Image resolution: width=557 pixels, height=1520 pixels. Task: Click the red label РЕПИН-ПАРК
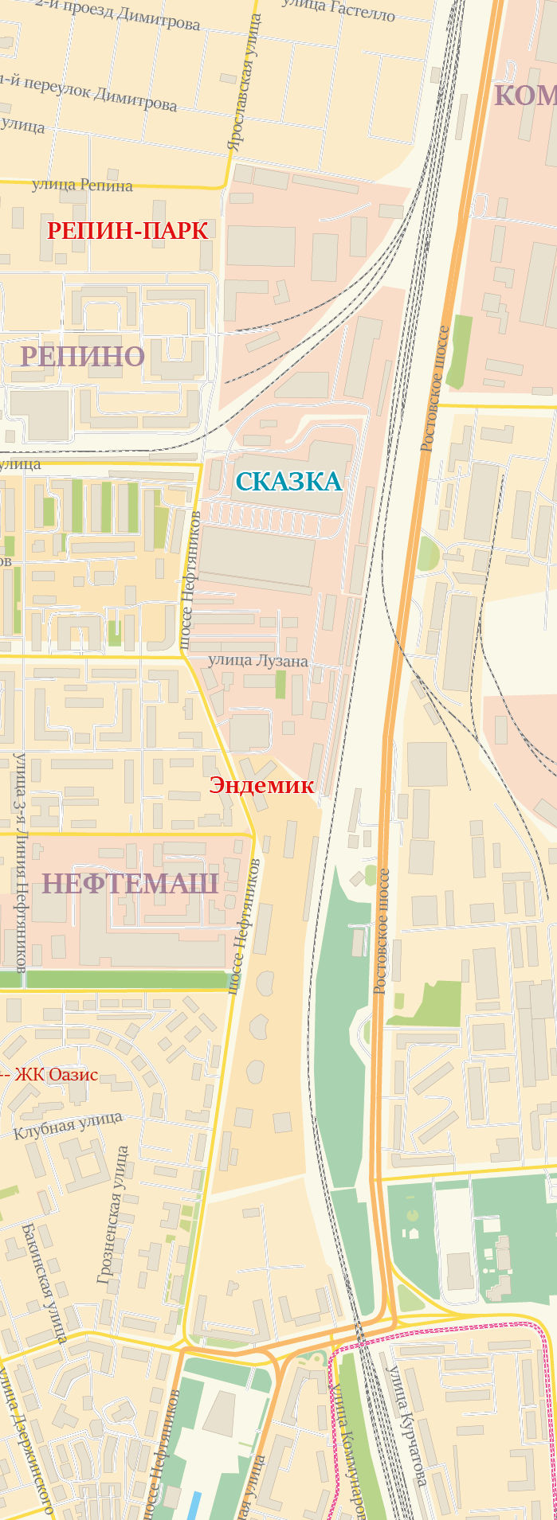(x=127, y=231)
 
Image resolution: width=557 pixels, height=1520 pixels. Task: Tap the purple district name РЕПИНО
(x=82, y=356)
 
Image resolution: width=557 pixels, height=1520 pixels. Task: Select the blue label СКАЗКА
(x=288, y=482)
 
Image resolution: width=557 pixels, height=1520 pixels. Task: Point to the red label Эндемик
(x=261, y=785)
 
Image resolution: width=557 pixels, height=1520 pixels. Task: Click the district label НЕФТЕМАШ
(x=130, y=884)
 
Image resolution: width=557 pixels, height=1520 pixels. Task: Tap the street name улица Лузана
(x=257, y=660)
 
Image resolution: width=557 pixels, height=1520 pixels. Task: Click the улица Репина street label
(x=82, y=186)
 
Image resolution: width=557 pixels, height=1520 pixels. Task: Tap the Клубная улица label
(x=68, y=1126)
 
